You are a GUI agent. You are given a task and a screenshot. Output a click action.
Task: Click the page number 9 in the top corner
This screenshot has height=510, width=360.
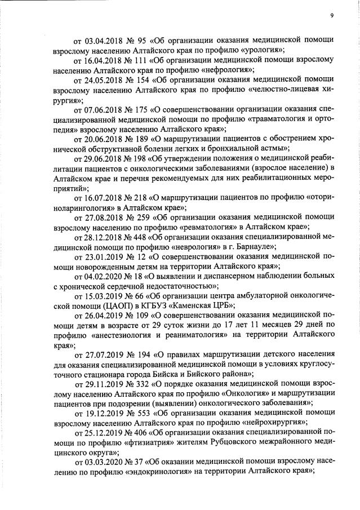(332, 15)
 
